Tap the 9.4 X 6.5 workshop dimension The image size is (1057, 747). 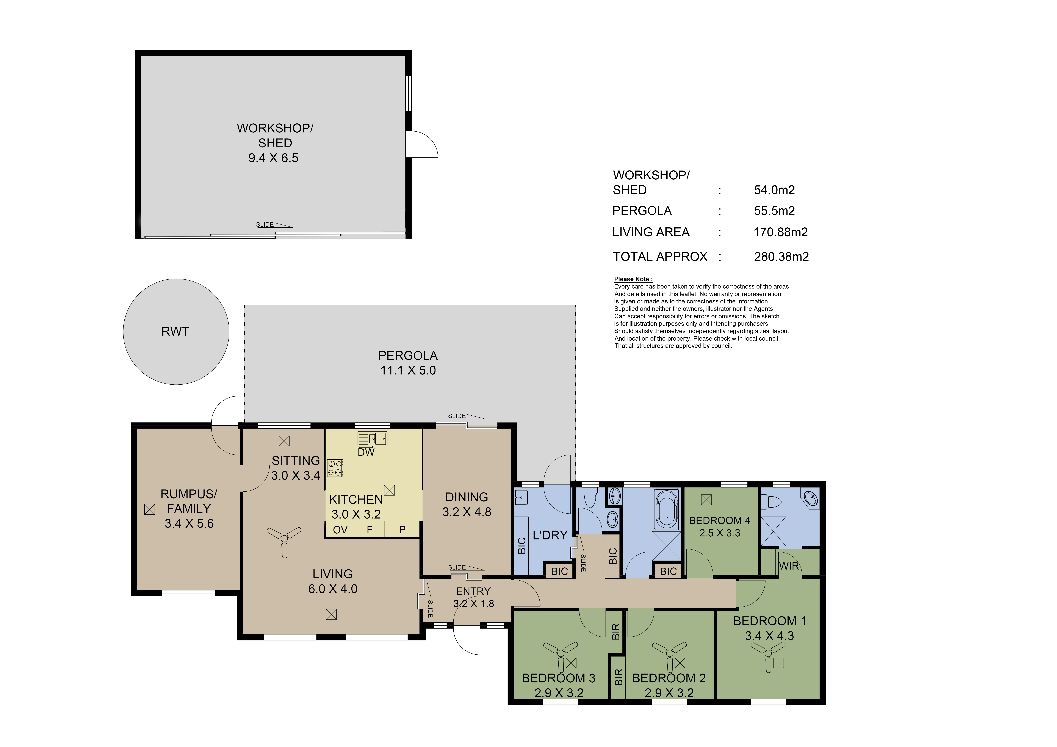coord(273,158)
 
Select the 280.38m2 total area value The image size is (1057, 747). coord(781,257)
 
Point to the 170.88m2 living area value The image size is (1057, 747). coord(781,232)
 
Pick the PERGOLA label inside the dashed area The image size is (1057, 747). coord(408,356)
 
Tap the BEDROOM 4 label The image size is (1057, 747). coord(720,521)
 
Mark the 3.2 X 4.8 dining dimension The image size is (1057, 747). coord(467,512)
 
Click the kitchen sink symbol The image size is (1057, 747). coord(372,438)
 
